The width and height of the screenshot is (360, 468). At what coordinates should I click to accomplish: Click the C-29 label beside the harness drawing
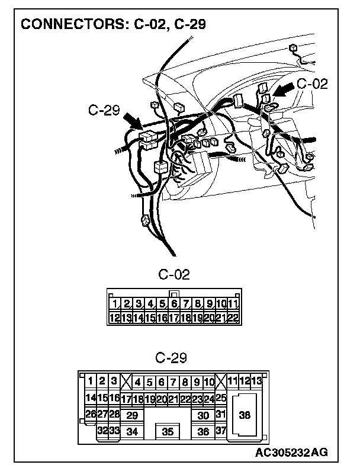tap(104, 110)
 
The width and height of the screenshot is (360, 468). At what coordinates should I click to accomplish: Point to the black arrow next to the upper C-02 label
tap(284, 90)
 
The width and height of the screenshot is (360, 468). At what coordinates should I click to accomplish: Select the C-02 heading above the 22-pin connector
tap(173, 274)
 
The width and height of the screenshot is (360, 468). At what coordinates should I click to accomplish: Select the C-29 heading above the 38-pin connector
tap(171, 358)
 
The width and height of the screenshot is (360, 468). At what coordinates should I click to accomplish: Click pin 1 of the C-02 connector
tap(115, 304)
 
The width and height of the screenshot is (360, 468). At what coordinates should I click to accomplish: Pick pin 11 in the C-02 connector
tap(233, 304)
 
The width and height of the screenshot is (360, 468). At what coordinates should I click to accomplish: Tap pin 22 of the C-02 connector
tap(232, 318)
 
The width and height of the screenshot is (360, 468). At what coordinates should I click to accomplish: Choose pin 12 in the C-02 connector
tap(115, 318)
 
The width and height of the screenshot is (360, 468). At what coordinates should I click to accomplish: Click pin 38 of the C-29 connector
tap(245, 415)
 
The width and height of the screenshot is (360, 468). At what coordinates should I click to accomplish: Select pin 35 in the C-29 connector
tap(168, 432)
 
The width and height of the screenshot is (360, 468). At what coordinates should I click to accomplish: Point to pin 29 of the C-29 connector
tap(132, 416)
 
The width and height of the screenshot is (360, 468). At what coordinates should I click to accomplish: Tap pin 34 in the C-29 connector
tap(132, 432)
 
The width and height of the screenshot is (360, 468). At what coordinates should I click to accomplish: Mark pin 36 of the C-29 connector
tap(203, 432)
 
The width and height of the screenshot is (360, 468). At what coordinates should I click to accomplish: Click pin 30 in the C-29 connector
tap(203, 416)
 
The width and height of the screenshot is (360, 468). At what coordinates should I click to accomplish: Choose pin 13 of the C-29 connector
tap(256, 380)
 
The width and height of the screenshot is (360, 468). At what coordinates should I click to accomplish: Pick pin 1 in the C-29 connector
tap(91, 380)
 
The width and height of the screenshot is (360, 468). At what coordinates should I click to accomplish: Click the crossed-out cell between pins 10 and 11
tap(221, 382)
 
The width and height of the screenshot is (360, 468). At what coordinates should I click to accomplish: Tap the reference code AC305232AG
tap(291, 453)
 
